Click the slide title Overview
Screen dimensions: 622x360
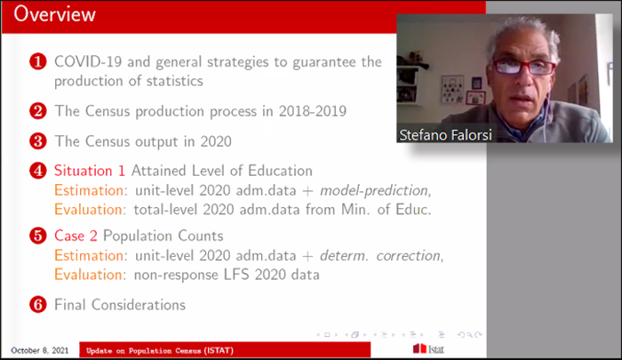(x=54, y=14)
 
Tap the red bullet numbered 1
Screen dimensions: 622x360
(x=38, y=62)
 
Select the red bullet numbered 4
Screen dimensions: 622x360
(x=38, y=171)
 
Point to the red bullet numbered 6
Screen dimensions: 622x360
(x=38, y=305)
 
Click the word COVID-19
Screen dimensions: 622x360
(x=88, y=62)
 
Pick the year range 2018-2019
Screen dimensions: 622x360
(x=313, y=111)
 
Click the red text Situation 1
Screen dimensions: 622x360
(x=90, y=171)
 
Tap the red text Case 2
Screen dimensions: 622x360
(x=76, y=236)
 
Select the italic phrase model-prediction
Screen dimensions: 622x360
(x=374, y=191)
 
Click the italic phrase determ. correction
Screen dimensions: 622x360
(x=380, y=256)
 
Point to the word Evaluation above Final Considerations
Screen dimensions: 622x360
(x=88, y=275)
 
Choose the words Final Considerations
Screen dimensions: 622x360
(x=120, y=305)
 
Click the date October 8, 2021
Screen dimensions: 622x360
(x=40, y=350)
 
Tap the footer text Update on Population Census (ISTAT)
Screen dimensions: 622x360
(x=160, y=350)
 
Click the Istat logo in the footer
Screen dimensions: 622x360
(x=428, y=348)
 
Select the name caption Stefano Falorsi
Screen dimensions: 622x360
(x=445, y=135)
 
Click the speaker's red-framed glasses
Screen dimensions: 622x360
(x=523, y=67)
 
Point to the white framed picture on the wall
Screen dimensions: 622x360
(x=452, y=89)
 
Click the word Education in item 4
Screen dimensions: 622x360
(x=280, y=171)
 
